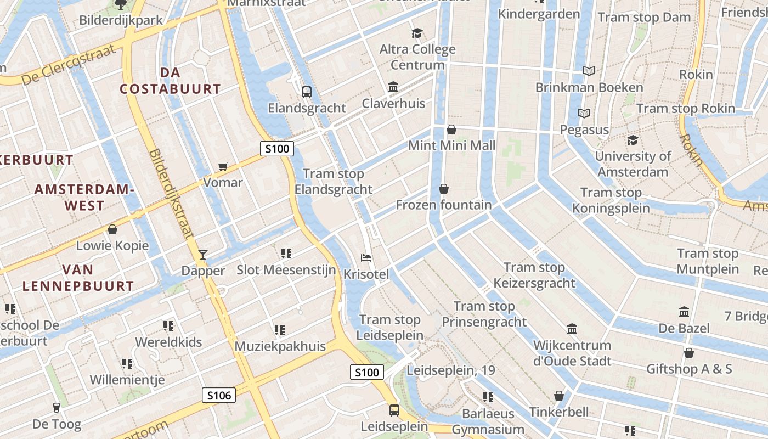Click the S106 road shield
(219, 395)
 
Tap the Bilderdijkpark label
(121, 20)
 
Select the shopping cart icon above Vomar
(223, 166)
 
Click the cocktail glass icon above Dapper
(203, 254)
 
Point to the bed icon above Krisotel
(366, 257)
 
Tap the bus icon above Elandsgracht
(307, 92)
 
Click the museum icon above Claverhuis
(393, 87)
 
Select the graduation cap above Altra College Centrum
(417, 33)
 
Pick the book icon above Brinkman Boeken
(589, 71)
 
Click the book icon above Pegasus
(585, 114)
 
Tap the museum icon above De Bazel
(684, 312)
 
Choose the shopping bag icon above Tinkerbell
(559, 396)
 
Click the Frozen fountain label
(444, 205)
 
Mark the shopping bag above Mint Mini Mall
(451, 130)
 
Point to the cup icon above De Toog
(56, 408)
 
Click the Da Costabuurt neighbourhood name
(170, 81)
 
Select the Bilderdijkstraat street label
(171, 194)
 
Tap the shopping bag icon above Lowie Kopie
(112, 229)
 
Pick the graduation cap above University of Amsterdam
(633, 140)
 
